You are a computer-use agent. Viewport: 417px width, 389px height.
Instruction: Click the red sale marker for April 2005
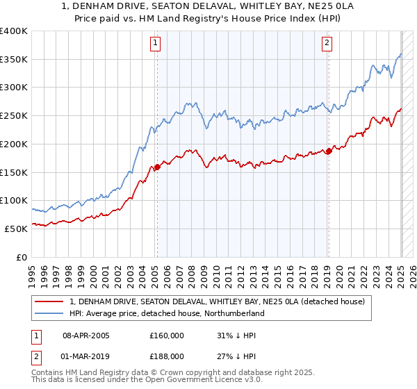(157, 167)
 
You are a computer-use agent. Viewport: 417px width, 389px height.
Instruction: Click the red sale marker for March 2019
(329, 151)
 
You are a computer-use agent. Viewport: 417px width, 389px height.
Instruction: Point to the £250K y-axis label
(14, 116)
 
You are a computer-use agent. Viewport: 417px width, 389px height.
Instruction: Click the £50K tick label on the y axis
(17, 229)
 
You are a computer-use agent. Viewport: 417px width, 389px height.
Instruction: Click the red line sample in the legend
(50, 301)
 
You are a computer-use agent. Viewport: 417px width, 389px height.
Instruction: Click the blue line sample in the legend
(50, 313)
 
